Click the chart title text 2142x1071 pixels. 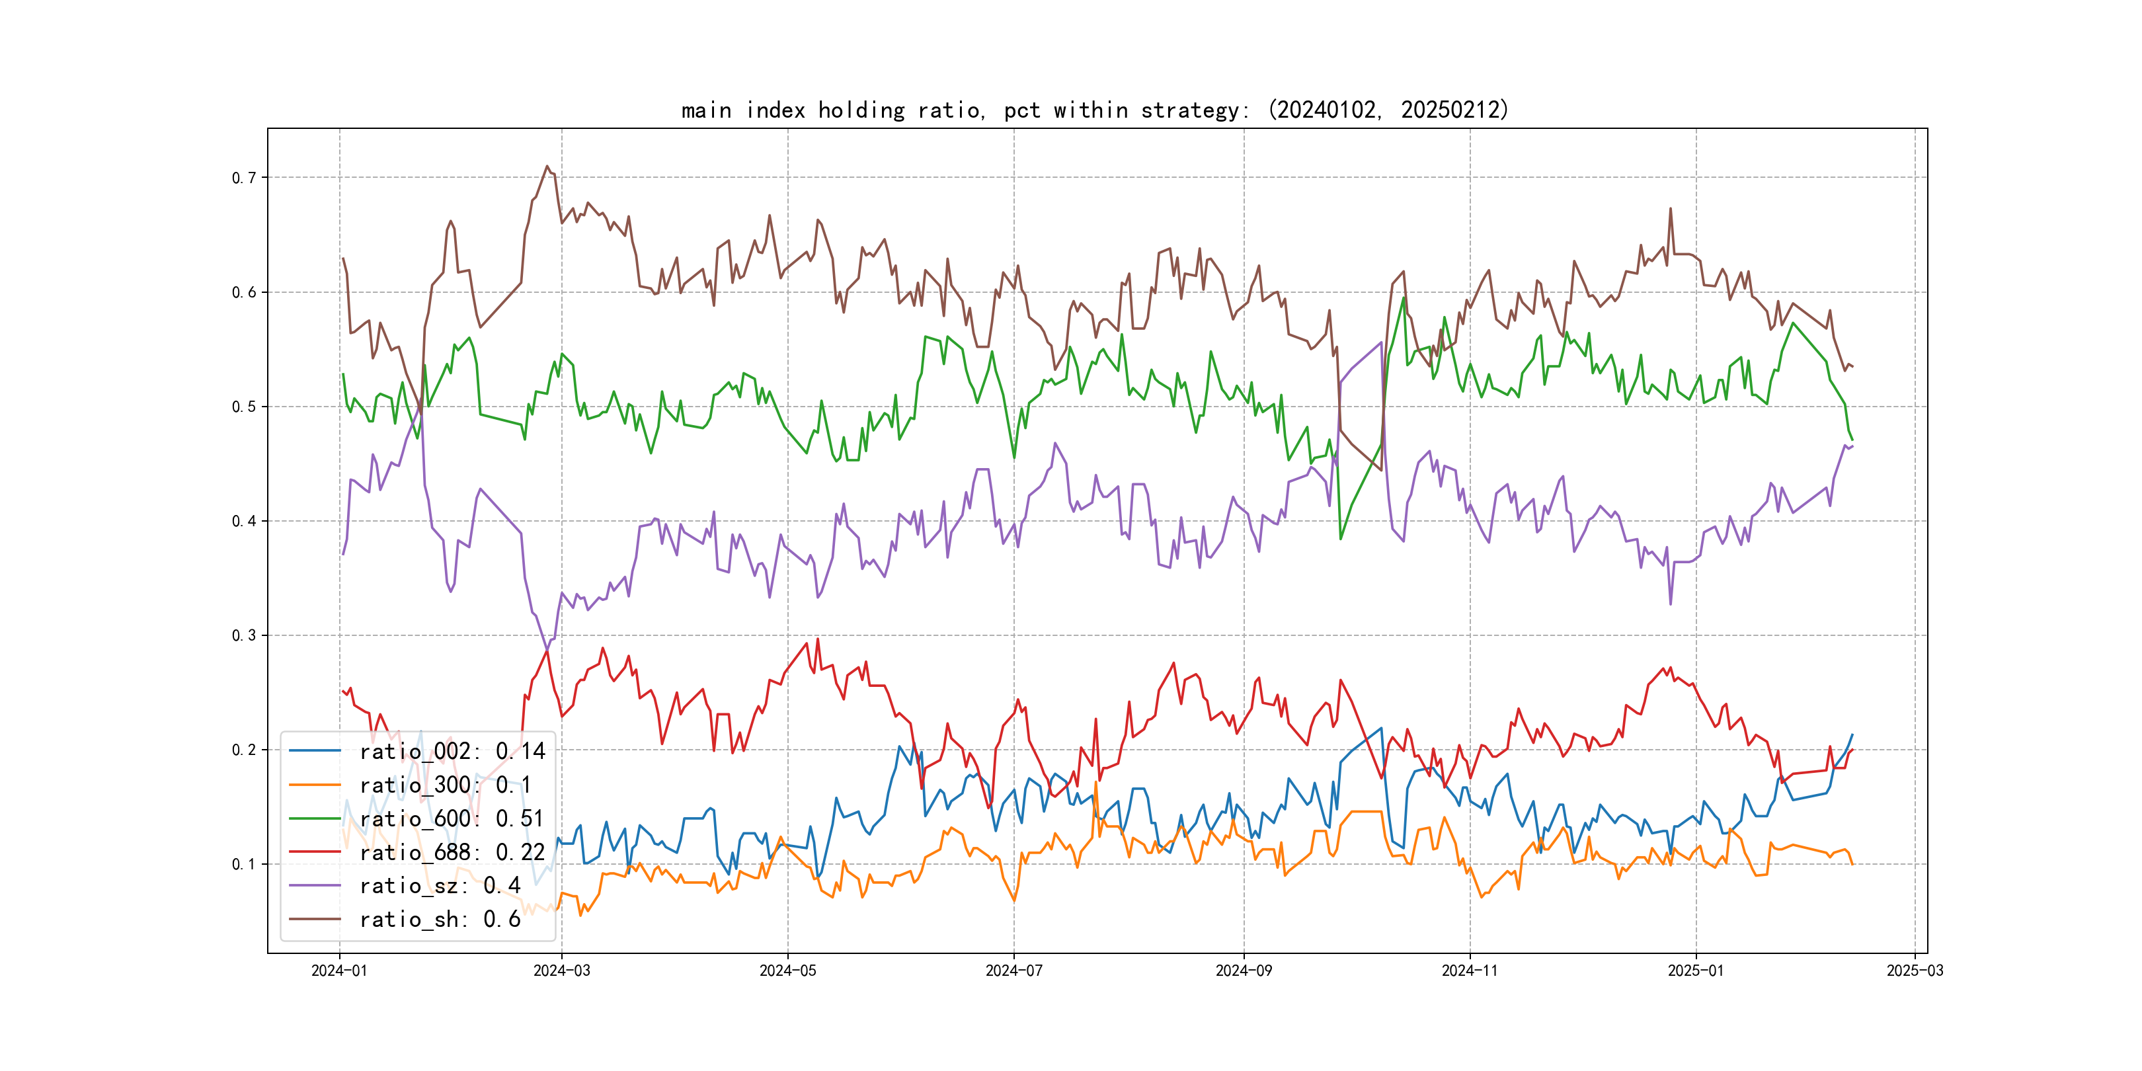click(x=1094, y=110)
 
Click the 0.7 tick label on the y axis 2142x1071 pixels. click(x=244, y=178)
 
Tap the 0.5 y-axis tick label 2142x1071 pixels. click(x=244, y=407)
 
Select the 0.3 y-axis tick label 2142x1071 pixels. click(x=244, y=635)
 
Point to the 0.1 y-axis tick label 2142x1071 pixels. click(x=244, y=864)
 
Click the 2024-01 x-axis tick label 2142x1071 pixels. click(x=339, y=971)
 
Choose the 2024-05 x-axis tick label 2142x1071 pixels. click(x=787, y=971)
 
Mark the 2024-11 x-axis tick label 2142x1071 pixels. click(x=1469, y=971)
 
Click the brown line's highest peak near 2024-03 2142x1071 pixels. click(x=547, y=167)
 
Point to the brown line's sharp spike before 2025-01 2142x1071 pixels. click(x=1671, y=209)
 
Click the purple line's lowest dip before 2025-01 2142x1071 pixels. click(x=1671, y=604)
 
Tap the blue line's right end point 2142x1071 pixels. click(x=1852, y=734)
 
